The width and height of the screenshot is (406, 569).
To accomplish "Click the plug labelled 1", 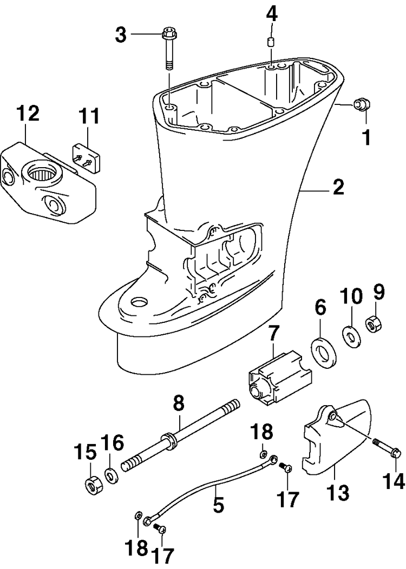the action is tap(361, 104).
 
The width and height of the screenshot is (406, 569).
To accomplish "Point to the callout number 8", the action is tap(179, 403).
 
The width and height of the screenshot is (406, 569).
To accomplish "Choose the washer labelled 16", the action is tap(111, 476).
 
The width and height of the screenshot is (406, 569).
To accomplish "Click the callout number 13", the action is tap(338, 492).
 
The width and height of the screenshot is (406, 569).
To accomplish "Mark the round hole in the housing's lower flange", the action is tap(140, 302).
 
